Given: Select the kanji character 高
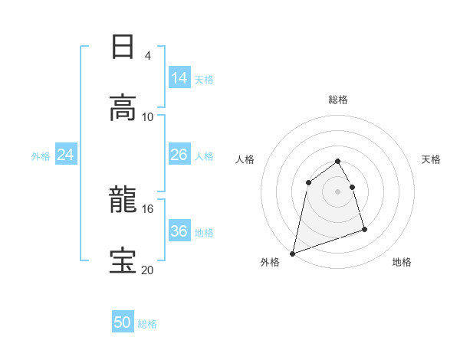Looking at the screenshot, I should click(123, 107).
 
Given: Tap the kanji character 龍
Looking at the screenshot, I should click(123, 201).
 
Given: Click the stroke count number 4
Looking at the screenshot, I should click(148, 55).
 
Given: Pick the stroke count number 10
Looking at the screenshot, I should click(148, 116).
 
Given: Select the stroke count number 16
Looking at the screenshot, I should click(148, 208).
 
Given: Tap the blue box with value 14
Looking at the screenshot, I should click(179, 77).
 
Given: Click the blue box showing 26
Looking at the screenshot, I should click(179, 155).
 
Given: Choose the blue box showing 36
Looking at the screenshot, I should click(179, 231).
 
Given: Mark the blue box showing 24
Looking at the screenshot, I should click(66, 155).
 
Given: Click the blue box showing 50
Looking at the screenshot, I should click(123, 323).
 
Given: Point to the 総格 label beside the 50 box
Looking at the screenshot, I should click(148, 324).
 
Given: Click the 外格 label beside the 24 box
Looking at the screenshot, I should click(41, 155).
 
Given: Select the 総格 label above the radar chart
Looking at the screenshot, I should click(338, 100).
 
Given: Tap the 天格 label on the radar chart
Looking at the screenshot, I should click(432, 159).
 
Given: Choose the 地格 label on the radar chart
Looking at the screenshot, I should click(402, 262).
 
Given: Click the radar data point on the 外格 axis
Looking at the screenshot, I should click(293, 253).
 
